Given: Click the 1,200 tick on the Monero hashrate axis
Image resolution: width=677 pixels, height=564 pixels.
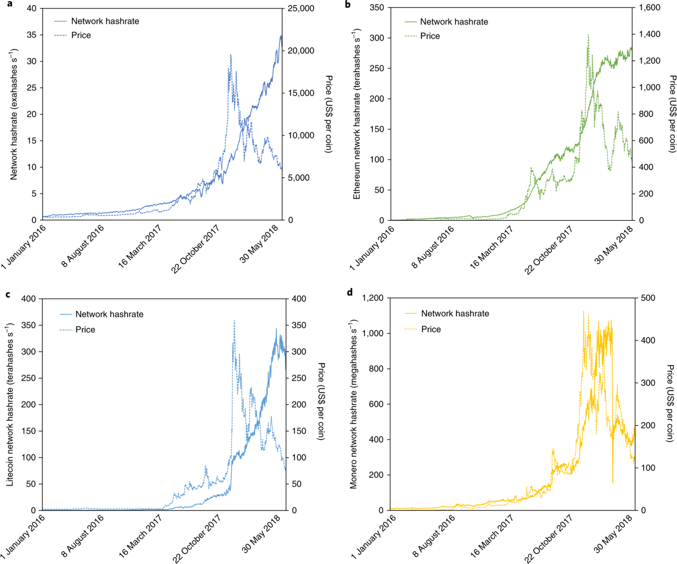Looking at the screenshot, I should [375, 298].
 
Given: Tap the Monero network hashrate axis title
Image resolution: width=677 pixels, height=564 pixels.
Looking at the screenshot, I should [355, 404].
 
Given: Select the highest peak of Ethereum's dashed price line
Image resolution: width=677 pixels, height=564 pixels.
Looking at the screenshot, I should [588, 34].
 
